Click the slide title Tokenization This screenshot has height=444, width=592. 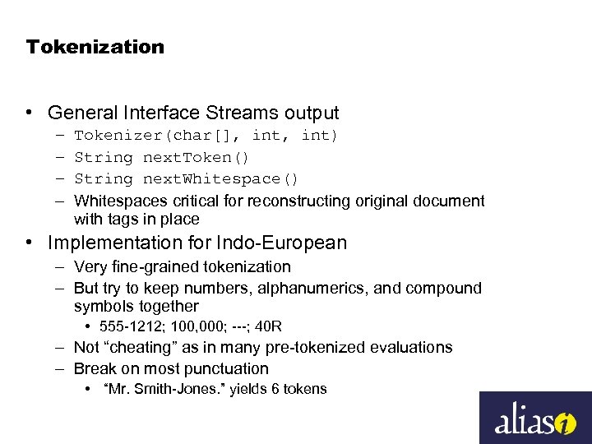coord(95,47)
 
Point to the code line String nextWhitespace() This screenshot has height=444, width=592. coord(186,178)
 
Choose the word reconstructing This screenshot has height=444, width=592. coord(297,201)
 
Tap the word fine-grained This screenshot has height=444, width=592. coord(149,266)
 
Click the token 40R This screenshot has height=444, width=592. coord(269,326)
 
